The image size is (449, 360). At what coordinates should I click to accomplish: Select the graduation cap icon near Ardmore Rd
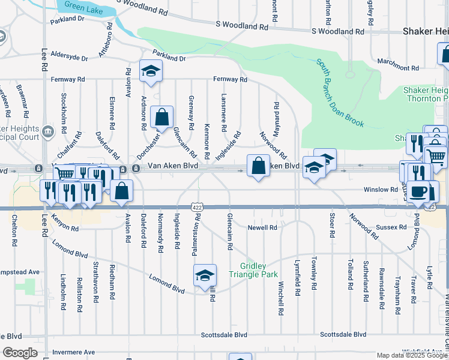click(151, 71)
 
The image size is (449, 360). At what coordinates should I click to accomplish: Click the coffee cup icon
click(419, 191)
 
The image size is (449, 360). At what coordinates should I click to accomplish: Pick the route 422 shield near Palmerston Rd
click(197, 207)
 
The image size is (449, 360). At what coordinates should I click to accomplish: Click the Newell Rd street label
click(263, 228)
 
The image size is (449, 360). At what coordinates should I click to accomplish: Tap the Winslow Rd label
click(381, 190)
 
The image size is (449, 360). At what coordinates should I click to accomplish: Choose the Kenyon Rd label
click(65, 225)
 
